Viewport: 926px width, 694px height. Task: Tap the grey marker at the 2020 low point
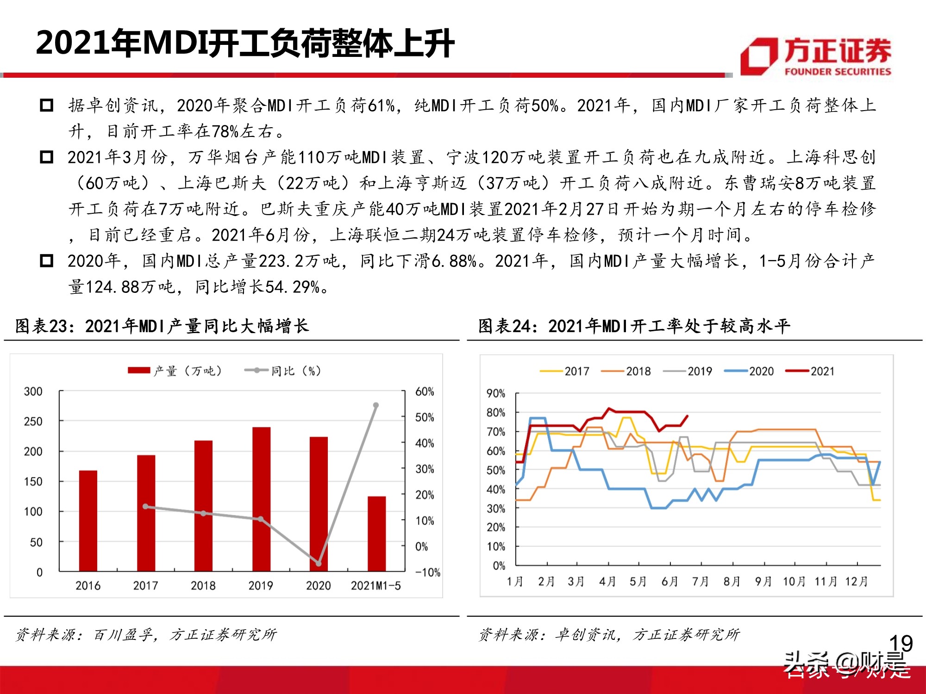pos(319,563)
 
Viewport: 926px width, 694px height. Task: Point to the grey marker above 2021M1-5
pos(376,405)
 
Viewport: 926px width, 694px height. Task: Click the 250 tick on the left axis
pos(33,421)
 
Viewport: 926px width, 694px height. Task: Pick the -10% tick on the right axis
pos(427,572)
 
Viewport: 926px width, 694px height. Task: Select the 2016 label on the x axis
pos(88,586)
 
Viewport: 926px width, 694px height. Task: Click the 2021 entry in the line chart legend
pos(810,371)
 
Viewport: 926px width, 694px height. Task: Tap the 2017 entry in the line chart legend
pos(564,371)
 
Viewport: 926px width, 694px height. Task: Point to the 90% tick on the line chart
pos(495,394)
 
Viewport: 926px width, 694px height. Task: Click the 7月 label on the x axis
pos(700,582)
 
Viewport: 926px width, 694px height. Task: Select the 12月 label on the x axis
pos(856,582)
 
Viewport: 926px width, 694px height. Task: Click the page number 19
pos(901,643)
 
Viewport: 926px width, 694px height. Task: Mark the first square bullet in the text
pos(47,105)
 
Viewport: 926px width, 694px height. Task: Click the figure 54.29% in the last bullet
pos(293,287)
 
